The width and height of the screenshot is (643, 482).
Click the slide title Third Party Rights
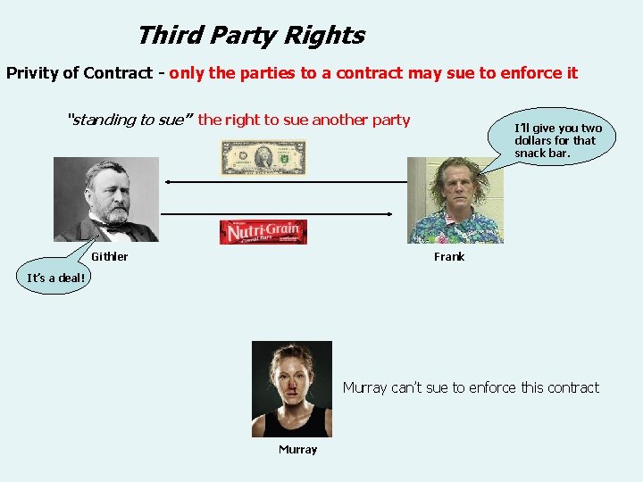pos(250,36)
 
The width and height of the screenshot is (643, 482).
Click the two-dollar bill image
pos(263,158)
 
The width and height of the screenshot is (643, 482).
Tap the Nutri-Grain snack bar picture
pos(263,232)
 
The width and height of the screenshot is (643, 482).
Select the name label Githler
pos(110,257)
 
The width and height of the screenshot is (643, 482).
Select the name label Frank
pos(449,257)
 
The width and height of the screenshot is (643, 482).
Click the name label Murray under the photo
pos(297,450)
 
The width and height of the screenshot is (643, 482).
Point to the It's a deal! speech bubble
pos(56,278)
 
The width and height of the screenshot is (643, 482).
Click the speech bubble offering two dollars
pos(557,140)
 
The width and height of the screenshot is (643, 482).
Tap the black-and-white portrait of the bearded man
pos(106,199)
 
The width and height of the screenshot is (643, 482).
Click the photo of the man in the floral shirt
pos(455,200)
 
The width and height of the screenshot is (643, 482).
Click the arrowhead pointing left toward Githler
pos(169,182)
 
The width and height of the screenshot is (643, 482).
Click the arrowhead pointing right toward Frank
pos(390,213)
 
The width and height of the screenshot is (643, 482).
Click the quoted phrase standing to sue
pos(129,120)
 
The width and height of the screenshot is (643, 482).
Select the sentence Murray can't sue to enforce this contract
pos(471,387)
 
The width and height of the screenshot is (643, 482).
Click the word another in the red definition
pos(338,120)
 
